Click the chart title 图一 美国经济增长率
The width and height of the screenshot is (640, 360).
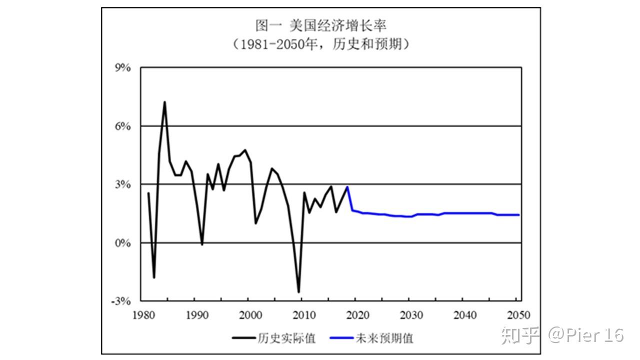tap(320, 25)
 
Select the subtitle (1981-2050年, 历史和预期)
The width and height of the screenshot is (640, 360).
tap(320, 44)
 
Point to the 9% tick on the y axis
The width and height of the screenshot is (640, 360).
tap(122, 67)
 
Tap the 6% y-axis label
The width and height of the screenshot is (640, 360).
tap(122, 126)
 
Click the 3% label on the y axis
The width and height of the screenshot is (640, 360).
tap(122, 184)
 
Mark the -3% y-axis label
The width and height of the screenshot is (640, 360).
tap(120, 301)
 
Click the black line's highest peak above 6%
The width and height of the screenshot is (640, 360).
tap(164, 102)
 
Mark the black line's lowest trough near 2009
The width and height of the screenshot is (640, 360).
tap(298, 292)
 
